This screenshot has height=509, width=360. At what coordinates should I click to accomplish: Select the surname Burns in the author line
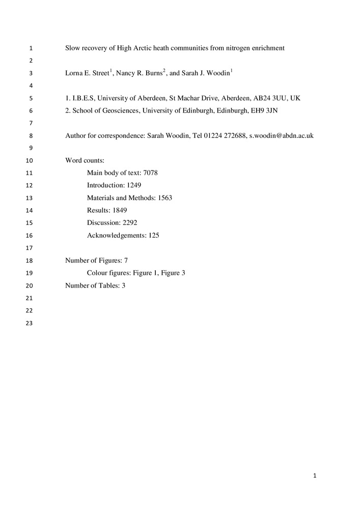click(x=152, y=73)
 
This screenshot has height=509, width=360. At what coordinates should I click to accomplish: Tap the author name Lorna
click(x=74, y=73)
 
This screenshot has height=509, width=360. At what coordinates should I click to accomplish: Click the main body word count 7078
click(x=151, y=173)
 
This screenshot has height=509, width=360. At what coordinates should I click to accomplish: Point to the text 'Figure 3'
click(x=173, y=273)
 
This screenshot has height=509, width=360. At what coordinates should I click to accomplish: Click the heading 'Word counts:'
click(x=85, y=161)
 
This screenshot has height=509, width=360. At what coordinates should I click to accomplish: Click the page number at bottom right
click(x=315, y=476)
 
